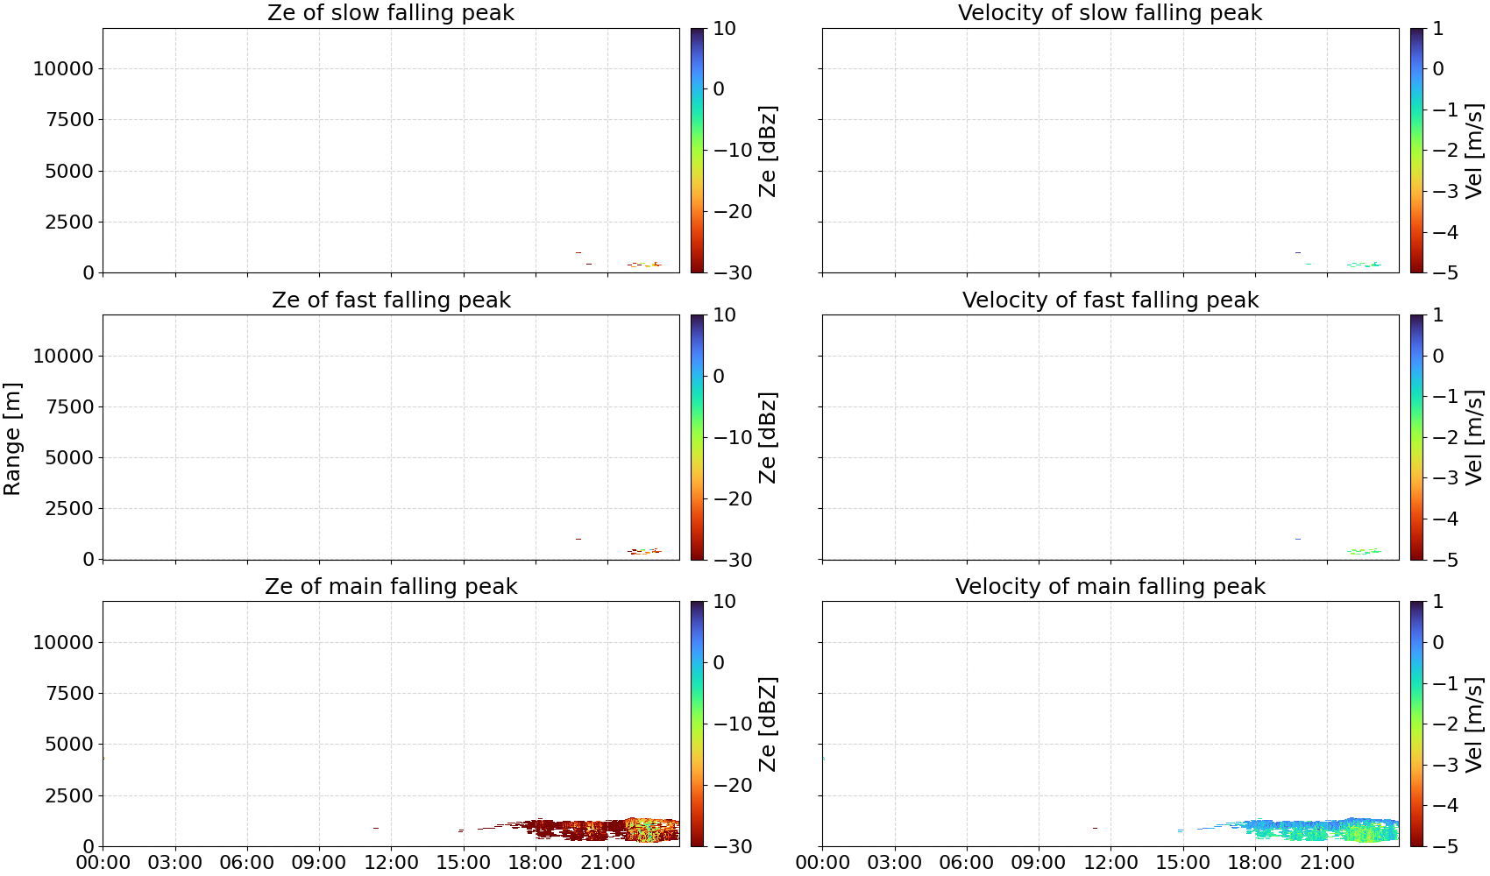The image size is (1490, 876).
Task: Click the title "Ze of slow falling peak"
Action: pos(390,13)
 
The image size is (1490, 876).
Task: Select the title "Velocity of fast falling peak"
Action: pos(1110,300)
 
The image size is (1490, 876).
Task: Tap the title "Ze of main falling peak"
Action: pos(390,587)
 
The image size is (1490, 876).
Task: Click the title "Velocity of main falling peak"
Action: pos(1110,587)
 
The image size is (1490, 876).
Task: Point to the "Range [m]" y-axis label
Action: pos(12,439)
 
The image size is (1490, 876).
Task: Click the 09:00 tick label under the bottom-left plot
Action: pos(319,864)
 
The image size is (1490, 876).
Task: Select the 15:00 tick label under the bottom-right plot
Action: pos(1182,864)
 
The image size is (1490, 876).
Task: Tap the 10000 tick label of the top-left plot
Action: pos(64,68)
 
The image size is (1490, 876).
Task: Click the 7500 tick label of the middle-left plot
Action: pos(70,406)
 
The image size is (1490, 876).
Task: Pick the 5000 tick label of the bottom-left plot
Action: pos(70,745)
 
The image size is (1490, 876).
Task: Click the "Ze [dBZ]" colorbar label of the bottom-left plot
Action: pos(768,724)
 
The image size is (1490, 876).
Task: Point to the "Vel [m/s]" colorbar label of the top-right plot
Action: pos(1474,151)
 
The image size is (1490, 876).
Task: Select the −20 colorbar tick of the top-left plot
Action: pos(733,212)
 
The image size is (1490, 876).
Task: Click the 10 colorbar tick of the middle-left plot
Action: pos(724,315)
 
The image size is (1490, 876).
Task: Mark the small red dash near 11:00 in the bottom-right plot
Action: pos(1095,828)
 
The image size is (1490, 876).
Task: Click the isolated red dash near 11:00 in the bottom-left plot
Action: pos(376,828)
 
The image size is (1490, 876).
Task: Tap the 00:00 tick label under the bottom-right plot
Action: pos(823,864)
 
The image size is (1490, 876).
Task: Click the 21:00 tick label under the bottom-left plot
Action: pos(607,864)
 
